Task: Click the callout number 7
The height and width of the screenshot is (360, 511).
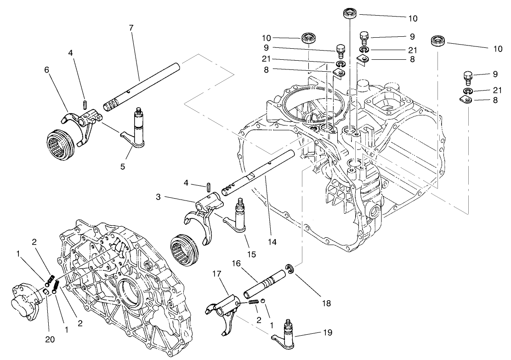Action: pyautogui.click(x=131, y=28)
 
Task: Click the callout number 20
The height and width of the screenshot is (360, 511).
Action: pyautogui.click(x=50, y=340)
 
